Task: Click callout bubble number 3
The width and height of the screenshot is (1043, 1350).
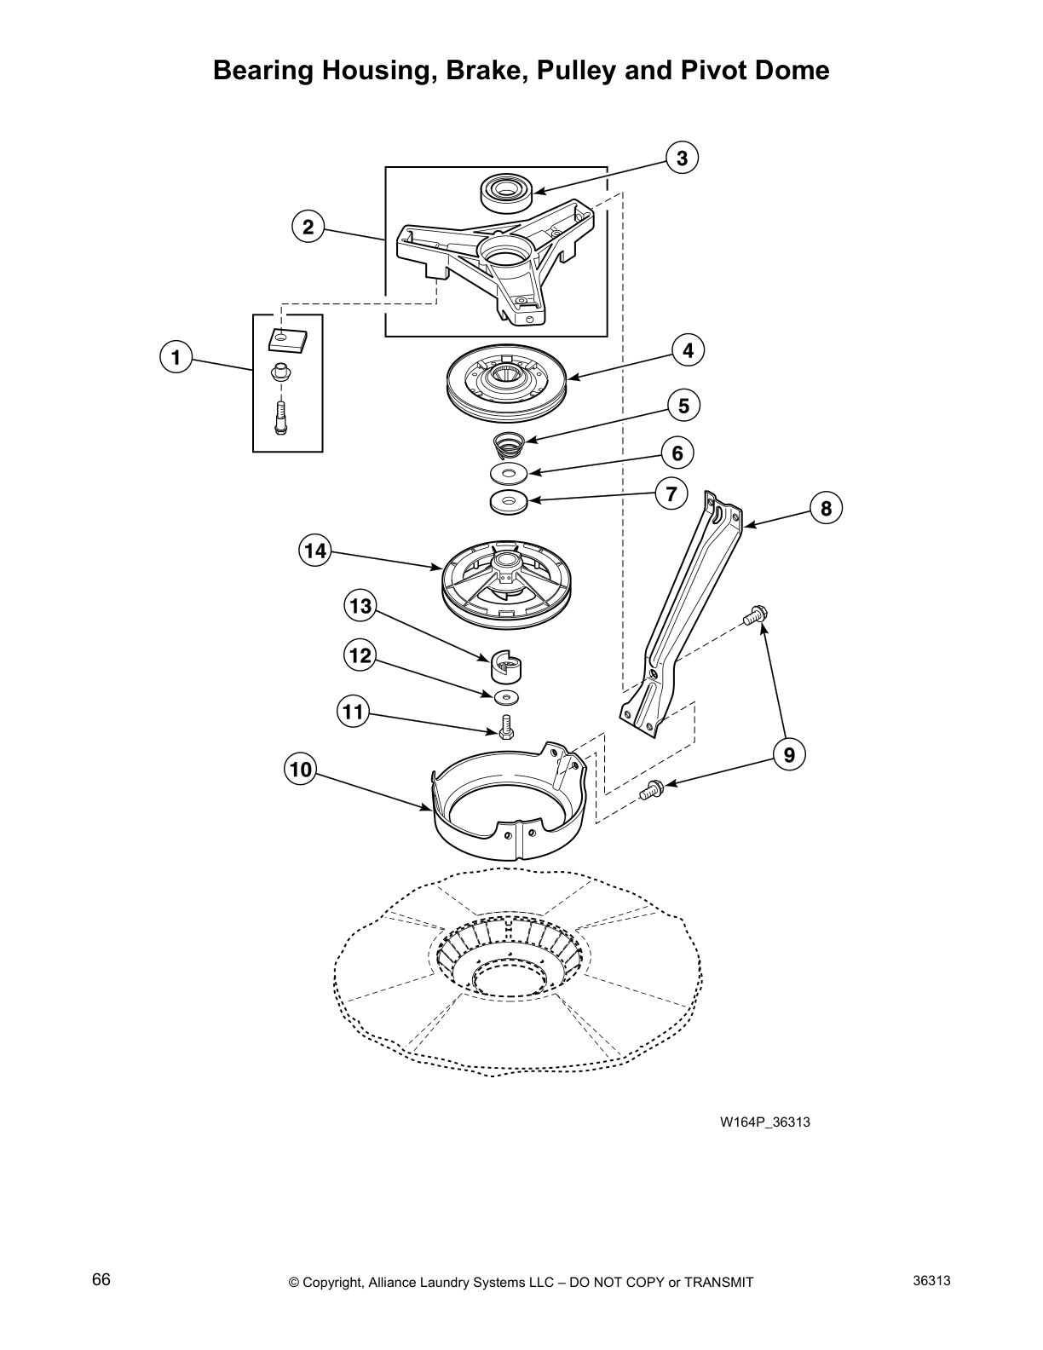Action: [682, 158]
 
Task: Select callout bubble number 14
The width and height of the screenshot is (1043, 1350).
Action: [315, 551]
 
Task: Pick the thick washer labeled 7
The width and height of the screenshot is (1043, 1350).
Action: [510, 502]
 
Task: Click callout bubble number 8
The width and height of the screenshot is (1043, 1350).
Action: [826, 509]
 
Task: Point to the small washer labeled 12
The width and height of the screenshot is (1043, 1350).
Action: [508, 699]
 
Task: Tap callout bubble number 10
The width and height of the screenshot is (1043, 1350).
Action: [300, 770]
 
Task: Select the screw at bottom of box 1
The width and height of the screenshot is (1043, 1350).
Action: [279, 418]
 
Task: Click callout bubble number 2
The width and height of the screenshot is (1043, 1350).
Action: [308, 227]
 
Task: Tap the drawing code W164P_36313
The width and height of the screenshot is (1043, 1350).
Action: [764, 1122]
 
